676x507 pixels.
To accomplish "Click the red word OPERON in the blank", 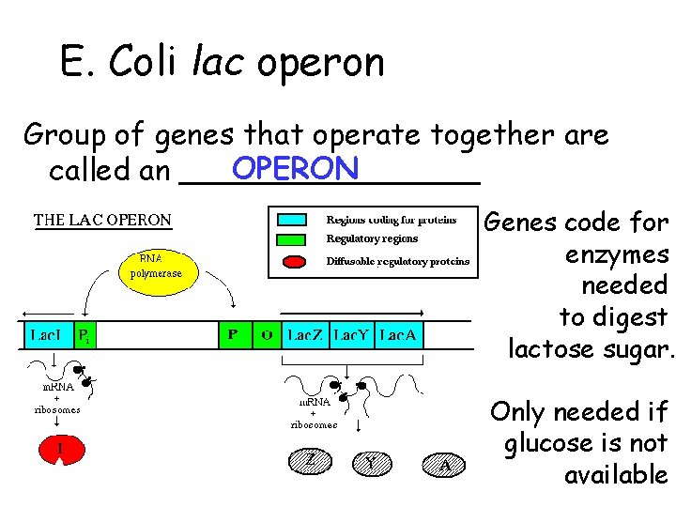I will pos(296,169).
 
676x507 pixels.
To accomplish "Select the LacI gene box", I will pos(47,335).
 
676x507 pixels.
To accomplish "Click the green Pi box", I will pos(84,335).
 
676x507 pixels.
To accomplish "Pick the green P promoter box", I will pos(232,335).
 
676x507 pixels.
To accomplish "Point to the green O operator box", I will pos(267,335).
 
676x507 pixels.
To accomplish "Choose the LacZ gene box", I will pos(305,335).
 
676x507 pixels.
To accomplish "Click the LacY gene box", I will pos(351,335).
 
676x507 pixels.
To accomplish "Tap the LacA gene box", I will pos(397,335).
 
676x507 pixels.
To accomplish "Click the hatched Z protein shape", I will pos(311,460).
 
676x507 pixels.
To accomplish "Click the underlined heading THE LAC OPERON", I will pos(102,222).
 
